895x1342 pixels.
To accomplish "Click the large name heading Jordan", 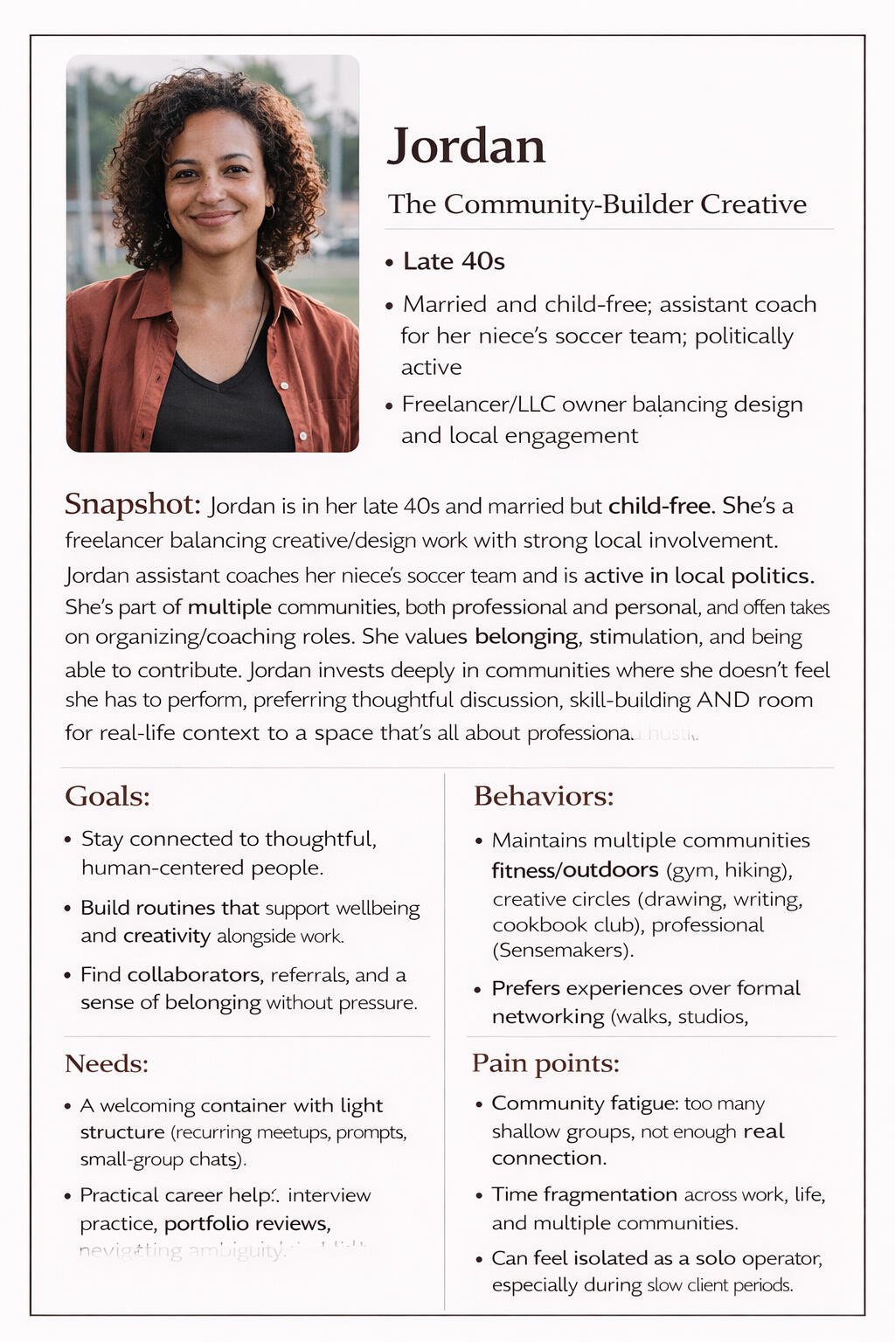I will click(x=466, y=146).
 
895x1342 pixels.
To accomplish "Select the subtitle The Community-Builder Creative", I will click(x=597, y=204).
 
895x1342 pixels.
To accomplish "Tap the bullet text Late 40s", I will click(x=454, y=261).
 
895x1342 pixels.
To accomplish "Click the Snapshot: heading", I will click(x=133, y=504).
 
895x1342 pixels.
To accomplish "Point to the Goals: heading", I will click(x=108, y=796).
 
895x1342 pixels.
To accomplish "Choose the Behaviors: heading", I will click(x=544, y=796).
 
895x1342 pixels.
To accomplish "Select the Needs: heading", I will click(x=107, y=1063).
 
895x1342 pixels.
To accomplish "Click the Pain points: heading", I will click(x=545, y=1063).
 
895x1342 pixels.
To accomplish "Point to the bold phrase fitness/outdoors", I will click(x=574, y=870).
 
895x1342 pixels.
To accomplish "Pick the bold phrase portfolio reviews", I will click(x=246, y=1223).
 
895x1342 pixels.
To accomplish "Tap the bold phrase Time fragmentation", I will click(x=584, y=1194).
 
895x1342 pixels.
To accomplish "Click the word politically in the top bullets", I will click(x=744, y=336).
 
